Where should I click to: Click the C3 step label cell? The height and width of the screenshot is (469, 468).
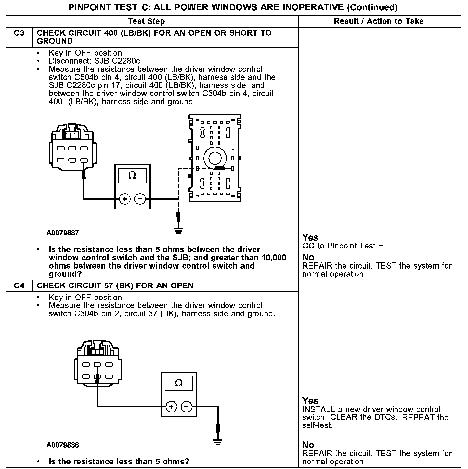coord(19,33)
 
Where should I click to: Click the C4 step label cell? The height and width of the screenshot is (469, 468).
coord(19,286)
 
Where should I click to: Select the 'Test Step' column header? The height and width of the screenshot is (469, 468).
coord(146,21)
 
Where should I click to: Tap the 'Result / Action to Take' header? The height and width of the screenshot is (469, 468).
coord(379,21)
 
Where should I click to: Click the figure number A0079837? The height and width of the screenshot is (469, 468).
coord(63,233)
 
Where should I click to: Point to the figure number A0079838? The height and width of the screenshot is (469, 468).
coord(63,445)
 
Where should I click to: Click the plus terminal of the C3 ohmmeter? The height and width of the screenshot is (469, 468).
coord(125,199)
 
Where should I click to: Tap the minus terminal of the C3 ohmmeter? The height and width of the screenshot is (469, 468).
coord(140,199)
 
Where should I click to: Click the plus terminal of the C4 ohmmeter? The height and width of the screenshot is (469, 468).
coord(171,407)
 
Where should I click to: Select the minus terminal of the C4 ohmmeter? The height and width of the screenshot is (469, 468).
coord(187,407)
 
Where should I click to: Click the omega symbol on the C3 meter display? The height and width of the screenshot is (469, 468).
coord(132,176)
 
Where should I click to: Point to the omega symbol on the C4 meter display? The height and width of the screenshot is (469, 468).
coord(179,383)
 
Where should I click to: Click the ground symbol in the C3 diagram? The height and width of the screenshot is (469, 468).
coord(178,231)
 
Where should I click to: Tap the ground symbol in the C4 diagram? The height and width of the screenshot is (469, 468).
coord(218,442)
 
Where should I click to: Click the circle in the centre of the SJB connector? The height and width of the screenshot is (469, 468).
coord(214,158)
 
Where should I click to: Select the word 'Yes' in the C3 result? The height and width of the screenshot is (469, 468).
coord(310,237)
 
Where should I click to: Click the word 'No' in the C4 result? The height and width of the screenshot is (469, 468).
coord(308,445)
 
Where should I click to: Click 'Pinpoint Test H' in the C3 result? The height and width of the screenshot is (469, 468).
coord(356,246)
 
